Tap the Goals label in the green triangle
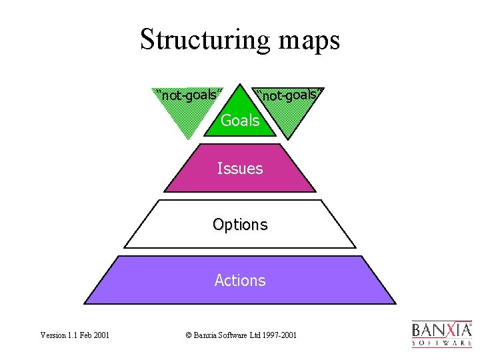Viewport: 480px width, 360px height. pos(240,121)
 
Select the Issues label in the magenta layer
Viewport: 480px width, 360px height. pos(240,169)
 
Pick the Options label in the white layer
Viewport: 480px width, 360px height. pos(240,225)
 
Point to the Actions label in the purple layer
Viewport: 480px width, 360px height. pos(240,281)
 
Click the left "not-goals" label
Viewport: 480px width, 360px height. pos(189,95)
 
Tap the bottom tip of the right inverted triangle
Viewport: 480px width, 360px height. pos(288,138)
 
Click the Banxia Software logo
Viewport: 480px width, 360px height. pos(442,334)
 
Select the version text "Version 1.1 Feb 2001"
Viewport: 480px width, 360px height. pos(75,335)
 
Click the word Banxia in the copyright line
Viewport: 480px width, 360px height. pos(203,335)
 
